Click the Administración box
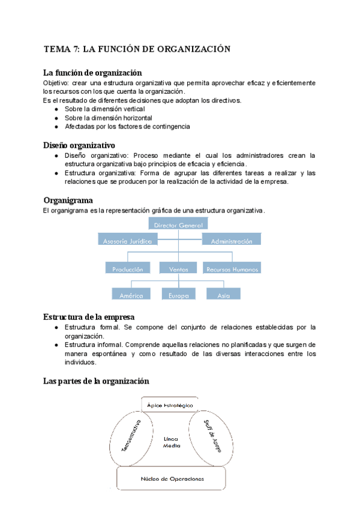tap(231, 240)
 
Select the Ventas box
tap(178, 269)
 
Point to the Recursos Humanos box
tap(232, 269)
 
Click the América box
tap(131, 295)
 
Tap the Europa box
tap(178, 295)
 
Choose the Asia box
tap(223, 295)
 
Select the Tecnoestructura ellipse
tap(133, 435)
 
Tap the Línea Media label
tap(172, 442)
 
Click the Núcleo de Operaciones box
tap(172, 478)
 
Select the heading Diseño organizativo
tap(79, 145)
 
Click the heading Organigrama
tap(68, 200)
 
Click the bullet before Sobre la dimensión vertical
tap(56, 109)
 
